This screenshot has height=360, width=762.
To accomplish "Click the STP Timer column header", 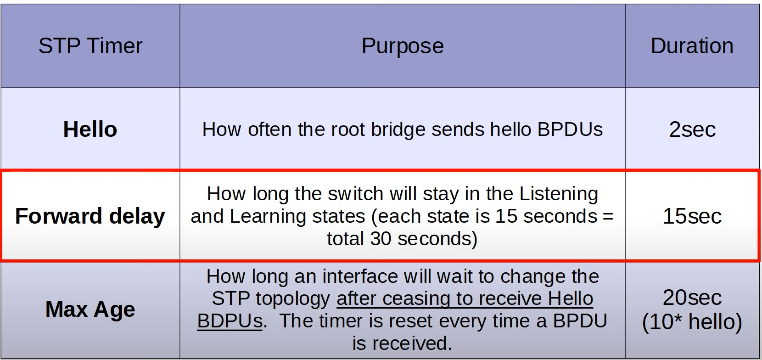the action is [90, 46].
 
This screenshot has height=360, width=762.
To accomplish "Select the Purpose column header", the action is [403, 46].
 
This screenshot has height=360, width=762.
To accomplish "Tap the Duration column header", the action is [692, 46].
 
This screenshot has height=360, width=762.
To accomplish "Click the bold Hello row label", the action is [90, 129].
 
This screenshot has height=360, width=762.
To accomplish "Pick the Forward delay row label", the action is [90, 216].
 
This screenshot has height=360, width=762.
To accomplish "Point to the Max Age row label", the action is [90, 309].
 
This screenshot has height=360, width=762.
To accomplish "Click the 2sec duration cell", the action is [692, 129].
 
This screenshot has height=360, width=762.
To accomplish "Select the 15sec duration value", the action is [692, 216].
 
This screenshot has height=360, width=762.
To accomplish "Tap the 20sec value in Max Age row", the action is [692, 298].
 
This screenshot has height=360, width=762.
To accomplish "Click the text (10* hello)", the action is [692, 322].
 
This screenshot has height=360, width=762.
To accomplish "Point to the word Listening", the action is [559, 194].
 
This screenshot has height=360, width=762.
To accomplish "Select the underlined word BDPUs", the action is [230, 321].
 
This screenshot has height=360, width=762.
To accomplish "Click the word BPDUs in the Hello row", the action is [570, 129].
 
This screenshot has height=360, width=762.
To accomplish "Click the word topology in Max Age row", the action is [293, 299].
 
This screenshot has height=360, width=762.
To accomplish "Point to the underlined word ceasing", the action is [416, 299].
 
